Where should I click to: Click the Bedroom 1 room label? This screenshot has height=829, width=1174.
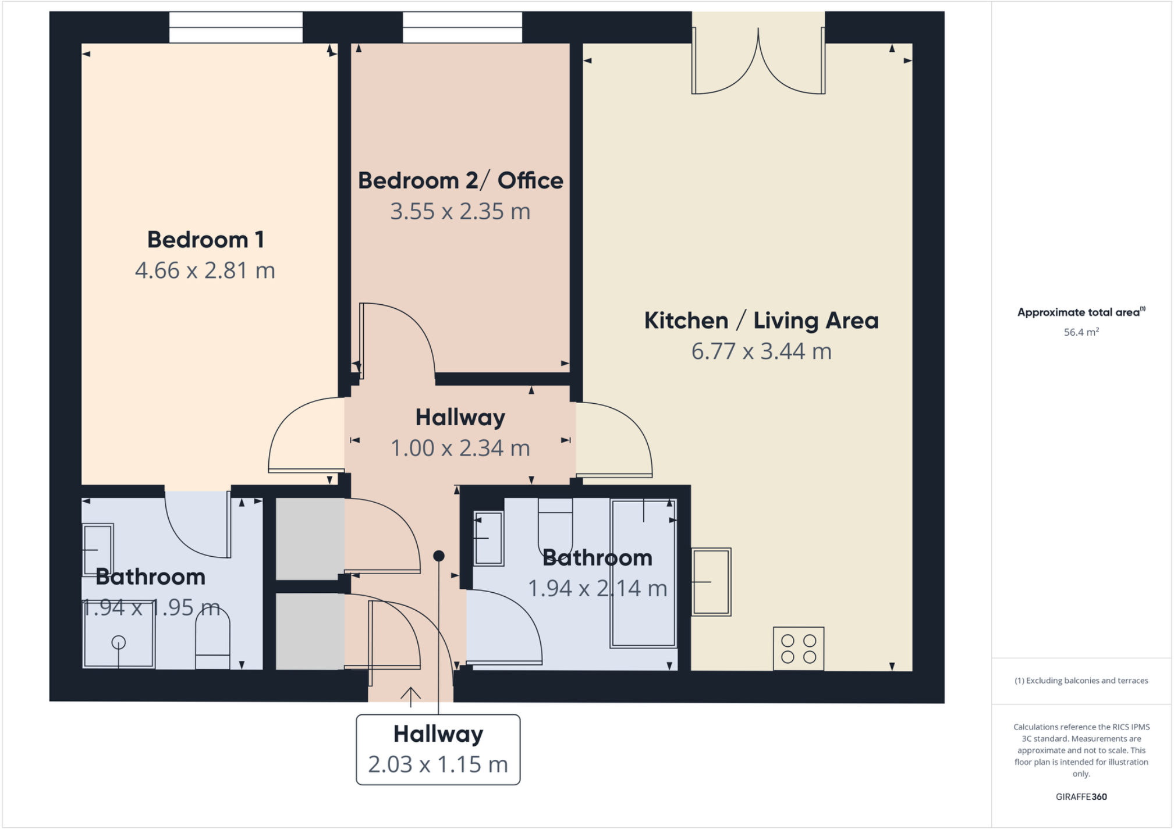pyautogui.click(x=205, y=240)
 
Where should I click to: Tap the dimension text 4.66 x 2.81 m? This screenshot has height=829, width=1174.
pyautogui.click(x=205, y=271)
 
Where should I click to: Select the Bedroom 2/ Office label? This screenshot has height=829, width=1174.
pyautogui.click(x=460, y=180)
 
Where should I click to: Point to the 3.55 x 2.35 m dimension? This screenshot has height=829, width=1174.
pyautogui.click(x=460, y=211)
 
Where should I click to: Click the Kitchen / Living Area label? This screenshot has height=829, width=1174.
pyautogui.click(x=761, y=321)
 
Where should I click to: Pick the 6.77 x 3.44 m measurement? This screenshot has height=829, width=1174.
pyautogui.click(x=761, y=351)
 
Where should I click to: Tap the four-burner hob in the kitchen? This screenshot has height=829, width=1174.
pyautogui.click(x=798, y=648)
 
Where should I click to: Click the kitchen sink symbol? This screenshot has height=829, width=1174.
pyautogui.click(x=711, y=582)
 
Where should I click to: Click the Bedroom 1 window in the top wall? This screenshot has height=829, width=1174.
pyautogui.click(x=236, y=27)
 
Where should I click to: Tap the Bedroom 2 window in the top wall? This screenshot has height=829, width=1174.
pyautogui.click(x=462, y=27)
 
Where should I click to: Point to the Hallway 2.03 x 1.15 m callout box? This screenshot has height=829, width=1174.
pyautogui.click(x=438, y=749)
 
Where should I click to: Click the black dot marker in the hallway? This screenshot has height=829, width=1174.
pyautogui.click(x=439, y=556)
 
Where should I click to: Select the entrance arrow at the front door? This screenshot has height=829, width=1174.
pyautogui.click(x=410, y=696)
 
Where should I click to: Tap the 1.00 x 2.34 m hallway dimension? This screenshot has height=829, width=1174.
pyautogui.click(x=460, y=448)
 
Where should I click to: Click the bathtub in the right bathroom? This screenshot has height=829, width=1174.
pyautogui.click(x=643, y=573)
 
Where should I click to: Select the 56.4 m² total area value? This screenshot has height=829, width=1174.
pyautogui.click(x=1081, y=332)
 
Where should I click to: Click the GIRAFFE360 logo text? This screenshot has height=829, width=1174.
pyautogui.click(x=1081, y=796)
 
